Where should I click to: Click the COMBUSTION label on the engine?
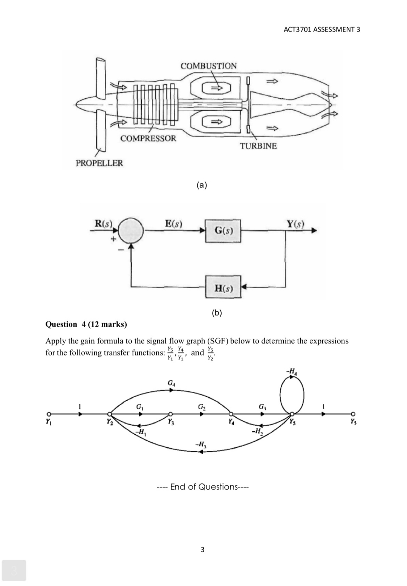tap(208, 66)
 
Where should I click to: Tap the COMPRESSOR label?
tap(148, 138)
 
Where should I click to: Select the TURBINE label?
tap(258, 146)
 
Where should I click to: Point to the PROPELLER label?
tap(99, 163)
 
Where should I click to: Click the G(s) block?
tap(223, 231)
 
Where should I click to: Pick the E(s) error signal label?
tap(174, 223)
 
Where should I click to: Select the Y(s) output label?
tap(295, 223)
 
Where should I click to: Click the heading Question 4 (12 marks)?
tap(86, 324)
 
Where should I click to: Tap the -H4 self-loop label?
tap(291, 372)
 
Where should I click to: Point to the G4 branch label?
tap(171, 383)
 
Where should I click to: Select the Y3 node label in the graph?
tap(171, 422)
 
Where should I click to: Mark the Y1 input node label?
tap(48, 422)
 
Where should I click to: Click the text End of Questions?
tap(202, 487)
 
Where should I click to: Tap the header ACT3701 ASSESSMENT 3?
tap(321, 29)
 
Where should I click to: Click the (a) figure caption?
tap(202, 185)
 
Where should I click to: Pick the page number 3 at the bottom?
tap(202, 550)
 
